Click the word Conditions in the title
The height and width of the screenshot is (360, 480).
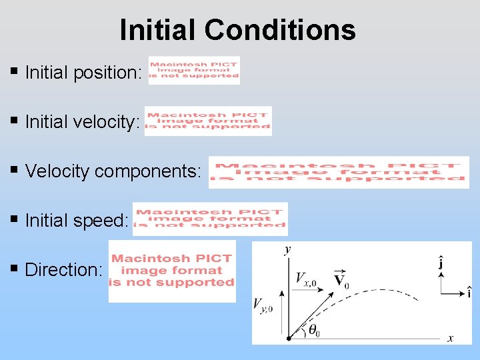point(280,30)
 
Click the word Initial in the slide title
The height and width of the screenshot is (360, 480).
point(159,30)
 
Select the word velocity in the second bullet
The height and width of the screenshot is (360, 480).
point(107,122)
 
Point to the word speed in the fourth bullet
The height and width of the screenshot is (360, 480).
point(105,221)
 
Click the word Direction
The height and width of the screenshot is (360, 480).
point(64,270)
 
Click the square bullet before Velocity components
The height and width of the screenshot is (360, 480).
point(15,170)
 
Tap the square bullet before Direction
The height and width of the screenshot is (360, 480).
point(15,269)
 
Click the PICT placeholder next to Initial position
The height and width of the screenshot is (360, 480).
point(194,70)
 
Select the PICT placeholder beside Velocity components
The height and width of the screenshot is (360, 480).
point(339,173)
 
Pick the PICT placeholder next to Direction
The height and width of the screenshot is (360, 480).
point(172,271)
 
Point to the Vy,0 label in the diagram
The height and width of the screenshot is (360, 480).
point(262,305)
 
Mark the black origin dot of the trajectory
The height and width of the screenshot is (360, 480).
point(289,338)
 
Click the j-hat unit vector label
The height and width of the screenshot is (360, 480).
point(441,263)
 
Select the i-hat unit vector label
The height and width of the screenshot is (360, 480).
point(469,292)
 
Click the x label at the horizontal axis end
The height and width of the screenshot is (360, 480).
point(450,339)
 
